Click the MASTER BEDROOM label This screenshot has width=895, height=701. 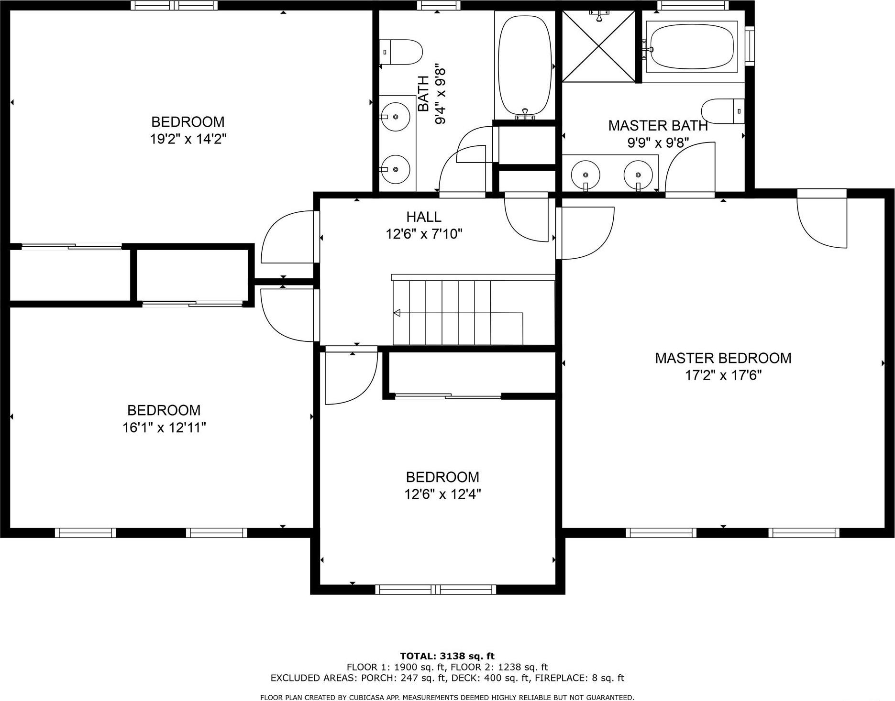coord(723,358)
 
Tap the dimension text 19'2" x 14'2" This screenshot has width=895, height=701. coord(188,139)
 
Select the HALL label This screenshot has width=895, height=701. coord(423,217)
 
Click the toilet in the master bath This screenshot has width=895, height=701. coord(722,111)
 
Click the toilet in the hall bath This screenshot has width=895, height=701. coord(401,52)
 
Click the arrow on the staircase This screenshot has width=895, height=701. coord(398,313)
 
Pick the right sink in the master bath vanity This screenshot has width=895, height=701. coord(638,174)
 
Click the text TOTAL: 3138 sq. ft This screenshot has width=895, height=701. coord(447,656)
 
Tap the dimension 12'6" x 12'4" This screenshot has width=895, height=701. coord(442,494)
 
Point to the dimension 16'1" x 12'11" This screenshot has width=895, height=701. coord(164,427)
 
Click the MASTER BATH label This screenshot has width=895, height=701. coord(658,126)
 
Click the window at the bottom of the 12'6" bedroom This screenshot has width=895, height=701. coord(436,589)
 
